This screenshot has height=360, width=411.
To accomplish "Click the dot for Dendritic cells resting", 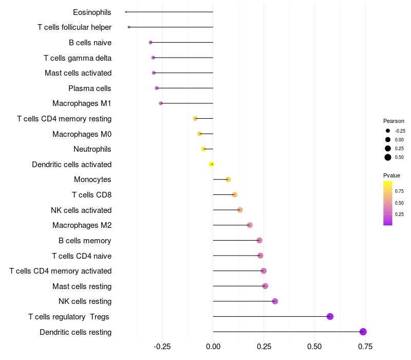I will point(363,332).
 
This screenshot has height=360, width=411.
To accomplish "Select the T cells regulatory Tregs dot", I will point(330,316).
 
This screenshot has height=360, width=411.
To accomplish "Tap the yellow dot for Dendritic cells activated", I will point(211,164).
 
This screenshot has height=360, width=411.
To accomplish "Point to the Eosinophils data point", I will point(126,12).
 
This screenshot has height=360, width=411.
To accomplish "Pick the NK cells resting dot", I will point(275,301).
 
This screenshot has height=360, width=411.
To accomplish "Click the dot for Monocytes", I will point(228,179).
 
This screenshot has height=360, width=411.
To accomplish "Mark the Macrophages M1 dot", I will point(161,103).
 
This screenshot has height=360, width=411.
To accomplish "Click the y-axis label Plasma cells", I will point(90,88).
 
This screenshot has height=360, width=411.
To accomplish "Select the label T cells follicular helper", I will point(74,27).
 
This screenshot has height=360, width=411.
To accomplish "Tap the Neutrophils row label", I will point(92,149).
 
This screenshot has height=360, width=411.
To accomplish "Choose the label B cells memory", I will point(85,241).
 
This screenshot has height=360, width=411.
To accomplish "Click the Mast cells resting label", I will point(82,286).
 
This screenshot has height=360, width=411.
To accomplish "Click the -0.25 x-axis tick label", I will point(162,347).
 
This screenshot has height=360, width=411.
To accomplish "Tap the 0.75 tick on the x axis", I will point(366,347).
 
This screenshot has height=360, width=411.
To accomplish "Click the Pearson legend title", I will point(394,121).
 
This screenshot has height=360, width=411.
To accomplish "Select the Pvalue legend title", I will point(391,175).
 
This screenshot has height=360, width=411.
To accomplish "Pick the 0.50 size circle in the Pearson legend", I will point(388,157).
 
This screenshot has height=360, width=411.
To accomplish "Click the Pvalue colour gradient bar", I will point(388,203).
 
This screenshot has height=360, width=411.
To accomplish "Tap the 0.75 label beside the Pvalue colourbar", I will point(399,191).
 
